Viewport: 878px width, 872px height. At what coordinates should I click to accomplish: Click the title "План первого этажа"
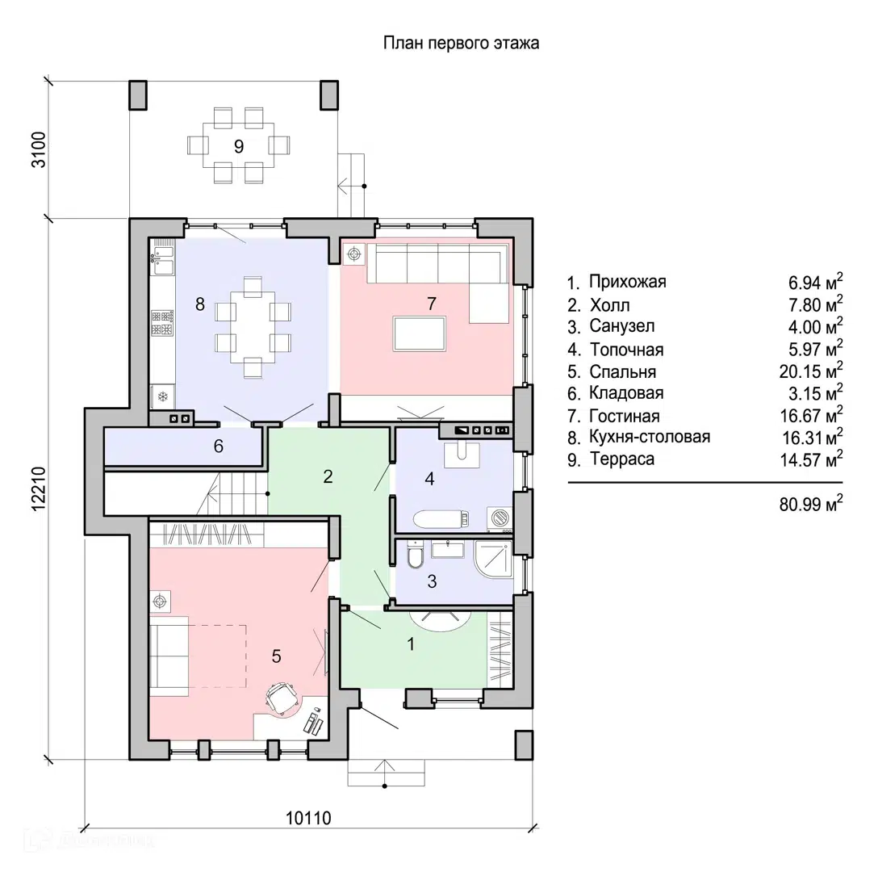pos(461,43)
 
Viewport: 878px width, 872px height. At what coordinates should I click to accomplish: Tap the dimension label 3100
pos(39,149)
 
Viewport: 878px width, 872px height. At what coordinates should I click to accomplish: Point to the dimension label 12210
pos(39,488)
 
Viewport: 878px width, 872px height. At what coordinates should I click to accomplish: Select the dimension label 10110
pos(308,818)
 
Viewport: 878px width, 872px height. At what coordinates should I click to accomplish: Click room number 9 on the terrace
pos(239,147)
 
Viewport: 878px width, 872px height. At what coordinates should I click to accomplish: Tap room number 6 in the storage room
pos(219,446)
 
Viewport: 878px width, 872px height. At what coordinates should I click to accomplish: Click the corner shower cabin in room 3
pos(493,559)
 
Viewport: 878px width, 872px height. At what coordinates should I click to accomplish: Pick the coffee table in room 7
pos(420,334)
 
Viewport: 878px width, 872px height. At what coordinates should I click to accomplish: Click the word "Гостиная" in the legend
pos(625,417)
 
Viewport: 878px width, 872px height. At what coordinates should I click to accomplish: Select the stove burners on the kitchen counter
pos(162,323)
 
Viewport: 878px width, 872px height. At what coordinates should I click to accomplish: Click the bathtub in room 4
pos(441,518)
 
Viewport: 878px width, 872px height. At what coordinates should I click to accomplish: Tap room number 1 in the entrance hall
pos(411,644)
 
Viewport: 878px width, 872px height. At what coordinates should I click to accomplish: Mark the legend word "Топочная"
pos(626,350)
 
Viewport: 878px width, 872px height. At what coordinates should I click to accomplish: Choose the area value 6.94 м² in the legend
pos(815,282)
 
